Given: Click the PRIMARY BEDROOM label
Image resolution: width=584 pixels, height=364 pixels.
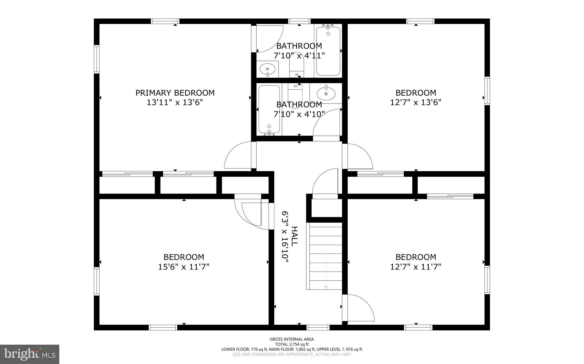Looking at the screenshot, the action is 175,93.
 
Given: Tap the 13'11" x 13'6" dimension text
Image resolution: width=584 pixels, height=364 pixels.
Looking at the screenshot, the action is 175,102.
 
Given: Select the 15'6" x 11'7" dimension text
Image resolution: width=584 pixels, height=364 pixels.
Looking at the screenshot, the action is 184,267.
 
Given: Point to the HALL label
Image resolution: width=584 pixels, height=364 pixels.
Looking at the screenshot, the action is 294,236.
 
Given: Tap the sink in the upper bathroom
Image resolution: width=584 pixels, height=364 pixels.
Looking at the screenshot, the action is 267,69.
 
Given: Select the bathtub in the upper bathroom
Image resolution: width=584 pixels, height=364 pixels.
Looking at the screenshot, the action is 328,51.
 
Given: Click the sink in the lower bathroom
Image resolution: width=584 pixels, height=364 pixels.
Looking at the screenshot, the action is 326,93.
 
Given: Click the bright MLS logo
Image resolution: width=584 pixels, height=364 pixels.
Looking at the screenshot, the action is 30,354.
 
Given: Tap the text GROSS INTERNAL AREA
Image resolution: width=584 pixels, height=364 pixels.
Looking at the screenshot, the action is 292,339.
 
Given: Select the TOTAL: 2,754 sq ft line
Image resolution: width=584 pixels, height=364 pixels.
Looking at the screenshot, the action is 292,344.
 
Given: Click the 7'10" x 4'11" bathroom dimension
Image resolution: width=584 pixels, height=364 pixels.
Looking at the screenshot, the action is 299,55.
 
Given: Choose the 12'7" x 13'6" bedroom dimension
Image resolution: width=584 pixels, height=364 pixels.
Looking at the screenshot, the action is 416,102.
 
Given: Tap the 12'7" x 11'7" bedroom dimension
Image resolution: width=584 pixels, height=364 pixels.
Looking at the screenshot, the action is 416,267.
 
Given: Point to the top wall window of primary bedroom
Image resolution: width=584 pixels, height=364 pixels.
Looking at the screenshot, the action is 165,21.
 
